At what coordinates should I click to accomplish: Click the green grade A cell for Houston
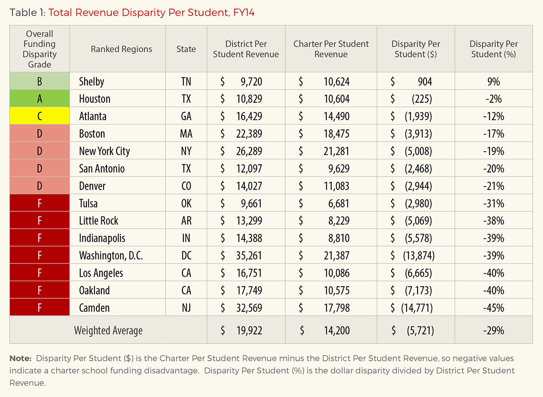click(x=39, y=99)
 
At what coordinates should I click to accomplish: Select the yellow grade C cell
click(x=39, y=116)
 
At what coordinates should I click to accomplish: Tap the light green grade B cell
click(x=39, y=81)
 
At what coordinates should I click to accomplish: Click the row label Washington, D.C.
click(x=111, y=256)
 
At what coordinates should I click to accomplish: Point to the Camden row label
click(x=94, y=308)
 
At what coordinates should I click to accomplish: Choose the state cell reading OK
click(x=186, y=203)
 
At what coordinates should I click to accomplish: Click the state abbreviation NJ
click(x=186, y=308)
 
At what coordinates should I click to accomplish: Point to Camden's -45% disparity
click(x=493, y=308)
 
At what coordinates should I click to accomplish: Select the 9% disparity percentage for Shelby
click(x=493, y=81)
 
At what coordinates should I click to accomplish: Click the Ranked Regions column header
click(x=121, y=49)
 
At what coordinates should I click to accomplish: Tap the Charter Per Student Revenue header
click(x=331, y=49)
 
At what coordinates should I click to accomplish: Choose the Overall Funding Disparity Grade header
click(x=39, y=49)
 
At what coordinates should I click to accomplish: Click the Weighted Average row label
click(x=108, y=331)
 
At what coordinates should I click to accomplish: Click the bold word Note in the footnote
click(x=20, y=359)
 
